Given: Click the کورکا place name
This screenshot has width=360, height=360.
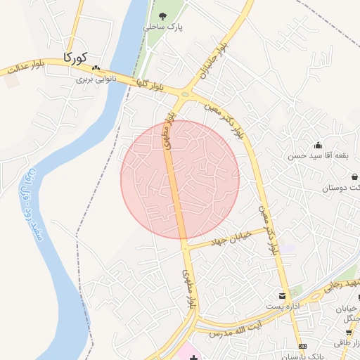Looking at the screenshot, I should pyautogui.click(x=75, y=57).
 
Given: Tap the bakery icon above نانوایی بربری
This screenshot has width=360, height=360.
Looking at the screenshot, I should pyautogui.click(x=96, y=68).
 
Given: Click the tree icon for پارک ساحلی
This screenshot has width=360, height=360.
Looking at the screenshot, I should pyautogui.click(x=163, y=14).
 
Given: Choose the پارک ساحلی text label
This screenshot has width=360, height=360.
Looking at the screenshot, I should pyautogui.click(x=163, y=26).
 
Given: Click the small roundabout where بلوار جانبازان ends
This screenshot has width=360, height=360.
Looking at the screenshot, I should pyautogui.click(x=186, y=94).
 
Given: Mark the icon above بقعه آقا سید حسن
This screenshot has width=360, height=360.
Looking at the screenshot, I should pyautogui.click(x=317, y=145).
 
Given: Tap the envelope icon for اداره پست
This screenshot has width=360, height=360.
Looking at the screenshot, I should pyautogui.click(x=282, y=296).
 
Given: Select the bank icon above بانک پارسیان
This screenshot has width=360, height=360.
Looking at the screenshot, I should pyautogui.click(x=302, y=347).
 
